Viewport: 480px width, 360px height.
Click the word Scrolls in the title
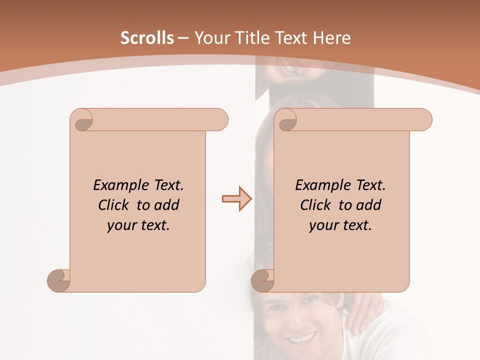(x=147, y=38)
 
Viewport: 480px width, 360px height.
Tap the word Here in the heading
(x=331, y=38)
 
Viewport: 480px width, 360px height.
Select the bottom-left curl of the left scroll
(x=59, y=280)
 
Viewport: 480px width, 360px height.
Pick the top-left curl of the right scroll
(x=286, y=120)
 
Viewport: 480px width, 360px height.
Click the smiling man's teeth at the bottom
(x=302, y=339)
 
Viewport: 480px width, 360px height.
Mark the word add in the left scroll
(x=166, y=205)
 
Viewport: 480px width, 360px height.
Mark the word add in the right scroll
(x=368, y=205)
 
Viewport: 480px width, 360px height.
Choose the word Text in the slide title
(x=290, y=38)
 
